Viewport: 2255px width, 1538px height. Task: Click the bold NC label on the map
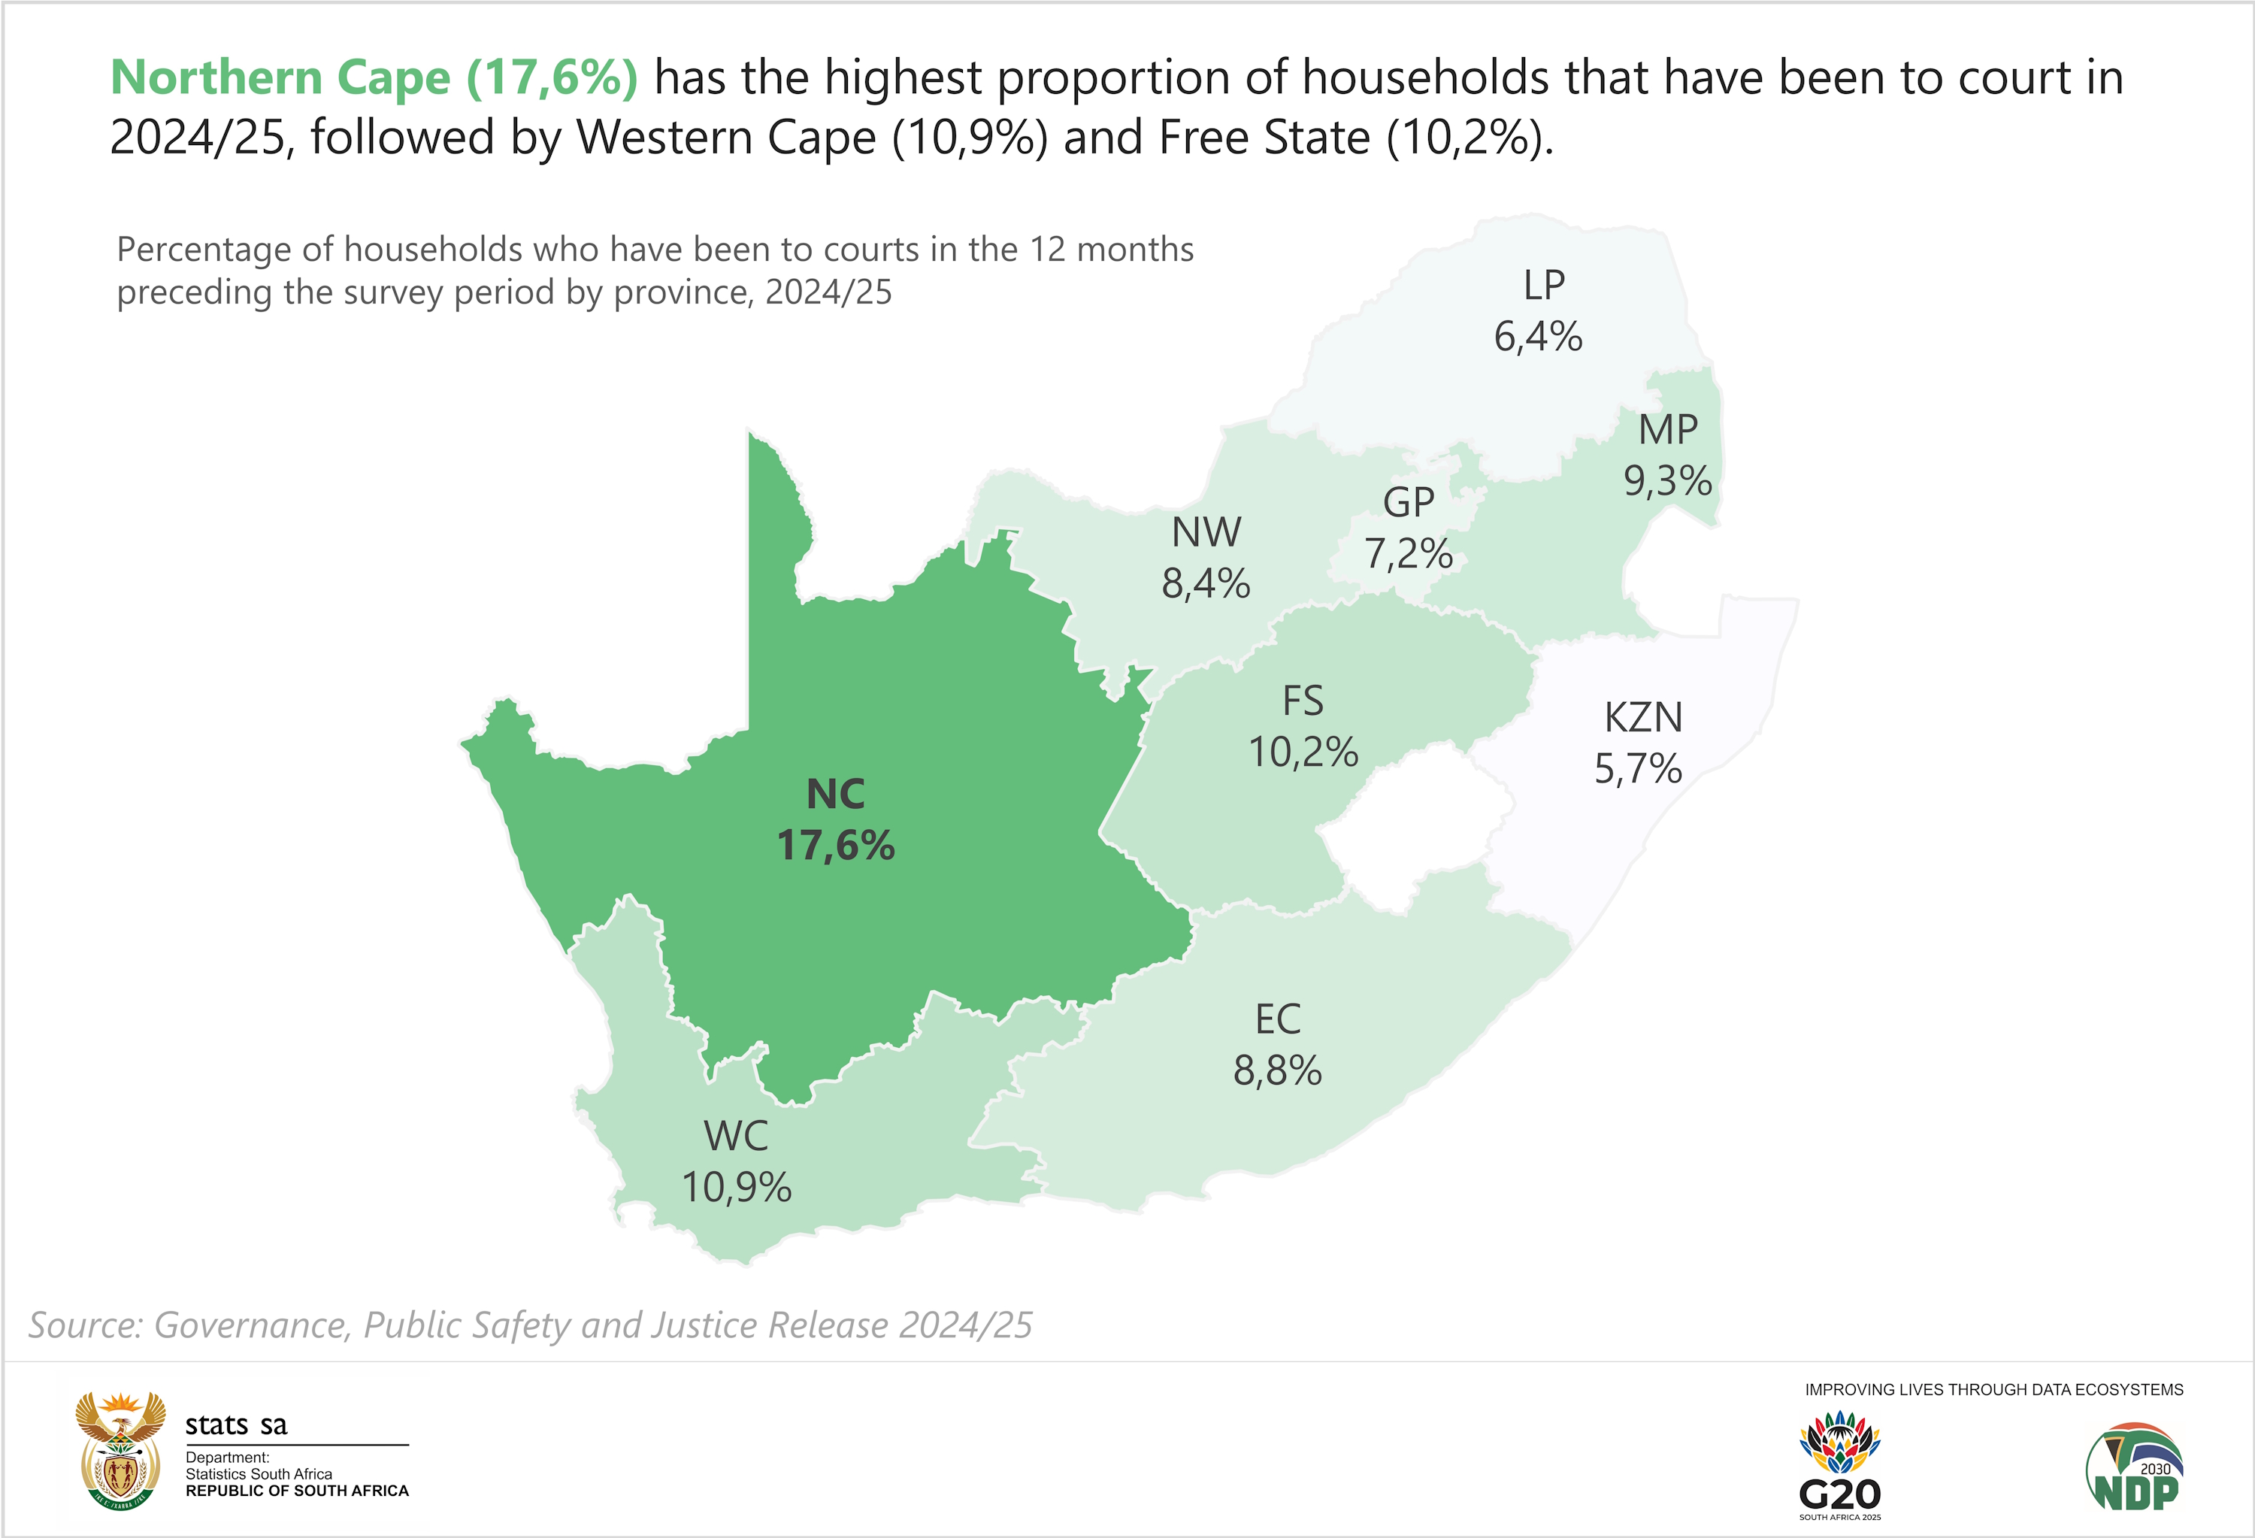point(835,794)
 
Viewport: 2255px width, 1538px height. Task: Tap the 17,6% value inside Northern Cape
point(835,845)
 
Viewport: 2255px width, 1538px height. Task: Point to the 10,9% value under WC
point(737,1187)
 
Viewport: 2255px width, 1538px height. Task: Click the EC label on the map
point(1277,1019)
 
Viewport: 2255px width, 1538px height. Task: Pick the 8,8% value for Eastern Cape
point(1277,1071)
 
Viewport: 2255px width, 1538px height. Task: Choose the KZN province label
point(1642,717)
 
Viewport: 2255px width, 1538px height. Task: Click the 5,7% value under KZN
point(1638,768)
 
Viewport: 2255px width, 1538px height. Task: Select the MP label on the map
point(1668,429)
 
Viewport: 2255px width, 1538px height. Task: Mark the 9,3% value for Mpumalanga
point(1668,480)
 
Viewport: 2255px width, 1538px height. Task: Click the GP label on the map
point(1408,501)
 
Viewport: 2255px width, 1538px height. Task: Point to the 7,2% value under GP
point(1409,554)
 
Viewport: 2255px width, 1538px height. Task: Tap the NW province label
point(1206,531)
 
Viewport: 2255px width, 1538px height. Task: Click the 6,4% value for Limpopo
point(1538,337)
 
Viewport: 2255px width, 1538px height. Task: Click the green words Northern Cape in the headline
point(280,77)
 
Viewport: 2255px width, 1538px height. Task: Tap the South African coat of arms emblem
point(120,1451)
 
